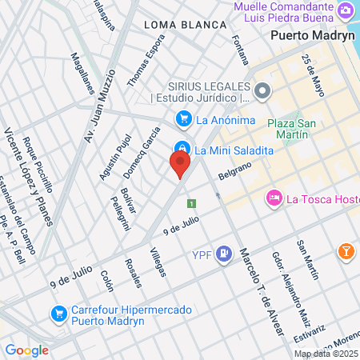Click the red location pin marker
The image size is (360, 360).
point(180,165)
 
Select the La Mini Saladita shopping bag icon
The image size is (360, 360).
point(183,149)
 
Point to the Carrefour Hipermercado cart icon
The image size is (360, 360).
point(58,313)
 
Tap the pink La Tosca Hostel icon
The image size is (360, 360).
point(274,198)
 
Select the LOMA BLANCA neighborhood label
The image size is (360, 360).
point(186,25)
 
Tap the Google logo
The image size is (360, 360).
point(26,350)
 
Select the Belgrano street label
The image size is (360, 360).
point(235,170)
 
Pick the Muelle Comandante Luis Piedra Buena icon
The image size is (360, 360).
point(345,10)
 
